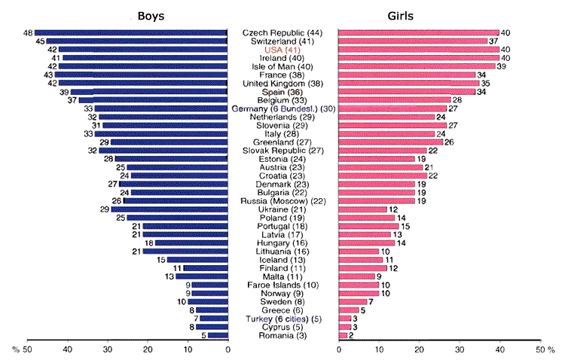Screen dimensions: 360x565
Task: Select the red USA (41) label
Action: coord(282,50)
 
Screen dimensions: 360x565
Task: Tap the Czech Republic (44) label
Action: coord(282,33)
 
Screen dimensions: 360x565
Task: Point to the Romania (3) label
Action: coord(282,335)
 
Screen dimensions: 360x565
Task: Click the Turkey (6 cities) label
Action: coord(282,319)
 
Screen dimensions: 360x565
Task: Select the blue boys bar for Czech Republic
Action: coord(131,33)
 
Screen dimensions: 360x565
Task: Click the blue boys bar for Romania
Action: coord(217,335)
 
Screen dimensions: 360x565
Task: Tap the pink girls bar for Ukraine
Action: coord(363,209)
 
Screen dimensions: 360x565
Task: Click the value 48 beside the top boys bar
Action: coord(28,33)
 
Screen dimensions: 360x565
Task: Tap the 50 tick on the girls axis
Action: coord(539,350)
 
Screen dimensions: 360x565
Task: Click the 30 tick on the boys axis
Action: coord(108,350)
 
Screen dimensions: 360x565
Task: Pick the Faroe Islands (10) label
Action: coord(282,285)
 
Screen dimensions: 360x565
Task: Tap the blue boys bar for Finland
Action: coord(205,268)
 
